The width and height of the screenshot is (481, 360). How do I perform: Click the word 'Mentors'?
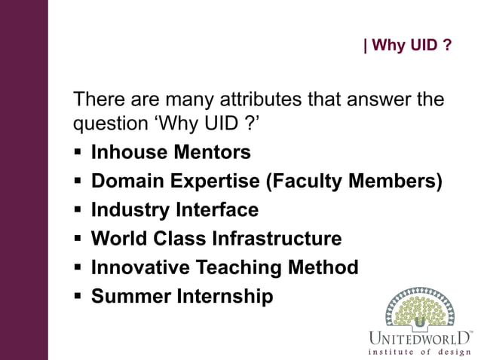pyautogui.click(x=213, y=152)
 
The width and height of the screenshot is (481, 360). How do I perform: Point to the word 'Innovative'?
pyautogui.click(x=141, y=267)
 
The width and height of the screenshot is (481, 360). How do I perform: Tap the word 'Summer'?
pyautogui.click(x=130, y=296)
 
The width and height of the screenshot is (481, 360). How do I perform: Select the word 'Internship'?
pyautogui.click(x=224, y=296)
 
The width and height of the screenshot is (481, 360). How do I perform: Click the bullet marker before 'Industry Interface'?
pyautogui.click(x=78, y=210)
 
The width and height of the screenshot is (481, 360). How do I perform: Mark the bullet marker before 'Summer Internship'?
pyautogui.click(x=78, y=297)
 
